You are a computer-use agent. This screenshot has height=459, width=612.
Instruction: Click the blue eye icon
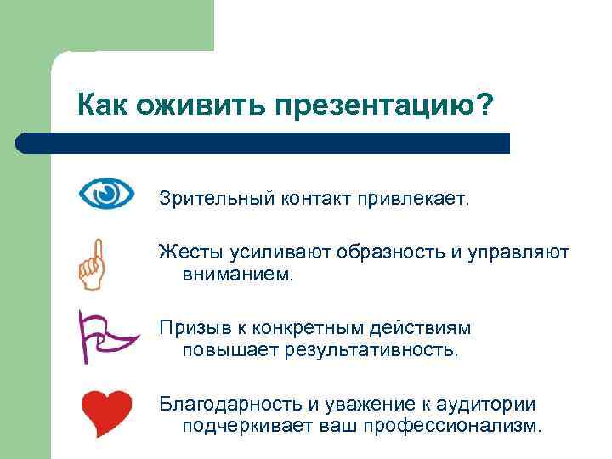106,195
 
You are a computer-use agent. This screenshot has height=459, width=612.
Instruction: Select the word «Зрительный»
210,200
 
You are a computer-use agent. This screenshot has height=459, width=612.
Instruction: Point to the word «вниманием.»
237,274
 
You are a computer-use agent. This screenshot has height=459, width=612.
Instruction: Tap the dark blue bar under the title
263,143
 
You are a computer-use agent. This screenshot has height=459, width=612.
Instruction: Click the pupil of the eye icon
106,195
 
